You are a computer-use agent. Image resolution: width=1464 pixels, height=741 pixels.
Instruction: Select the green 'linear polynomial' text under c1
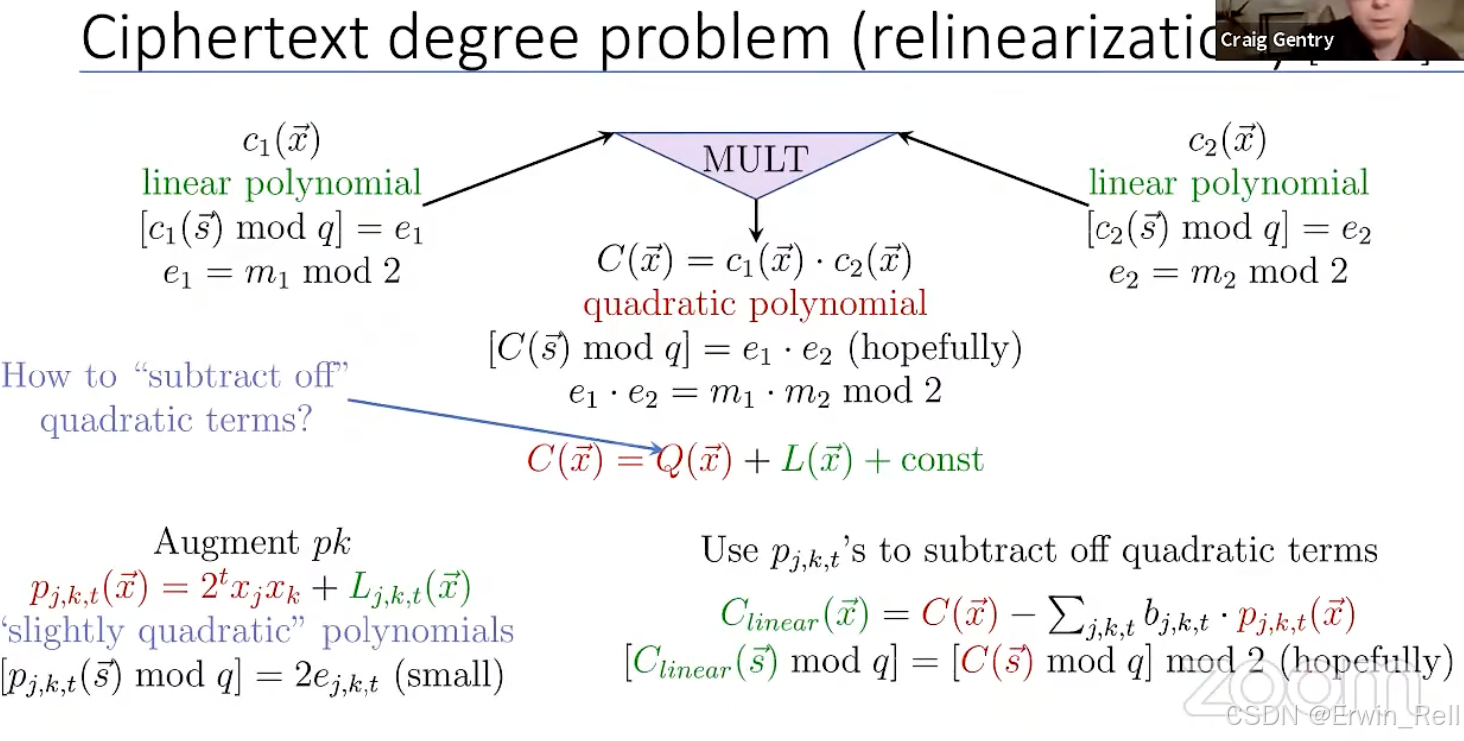tap(282, 183)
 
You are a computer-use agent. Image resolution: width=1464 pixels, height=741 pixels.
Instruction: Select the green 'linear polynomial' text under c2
tap(1228, 183)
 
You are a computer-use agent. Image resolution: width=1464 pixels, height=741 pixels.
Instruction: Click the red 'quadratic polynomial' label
tap(755, 303)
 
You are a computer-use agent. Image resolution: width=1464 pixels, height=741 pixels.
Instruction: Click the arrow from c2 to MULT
tap(993, 168)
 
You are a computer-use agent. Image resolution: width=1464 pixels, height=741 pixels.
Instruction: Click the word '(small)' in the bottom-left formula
tap(449, 676)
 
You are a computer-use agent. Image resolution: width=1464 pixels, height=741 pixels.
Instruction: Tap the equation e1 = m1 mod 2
tap(282, 272)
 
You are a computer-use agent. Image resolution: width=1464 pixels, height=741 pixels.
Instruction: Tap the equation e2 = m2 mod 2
tap(1228, 272)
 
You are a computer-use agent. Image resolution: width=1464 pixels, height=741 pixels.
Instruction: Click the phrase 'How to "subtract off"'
tap(175, 376)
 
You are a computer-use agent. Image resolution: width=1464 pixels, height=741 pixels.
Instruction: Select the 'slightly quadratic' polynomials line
tap(258, 631)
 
